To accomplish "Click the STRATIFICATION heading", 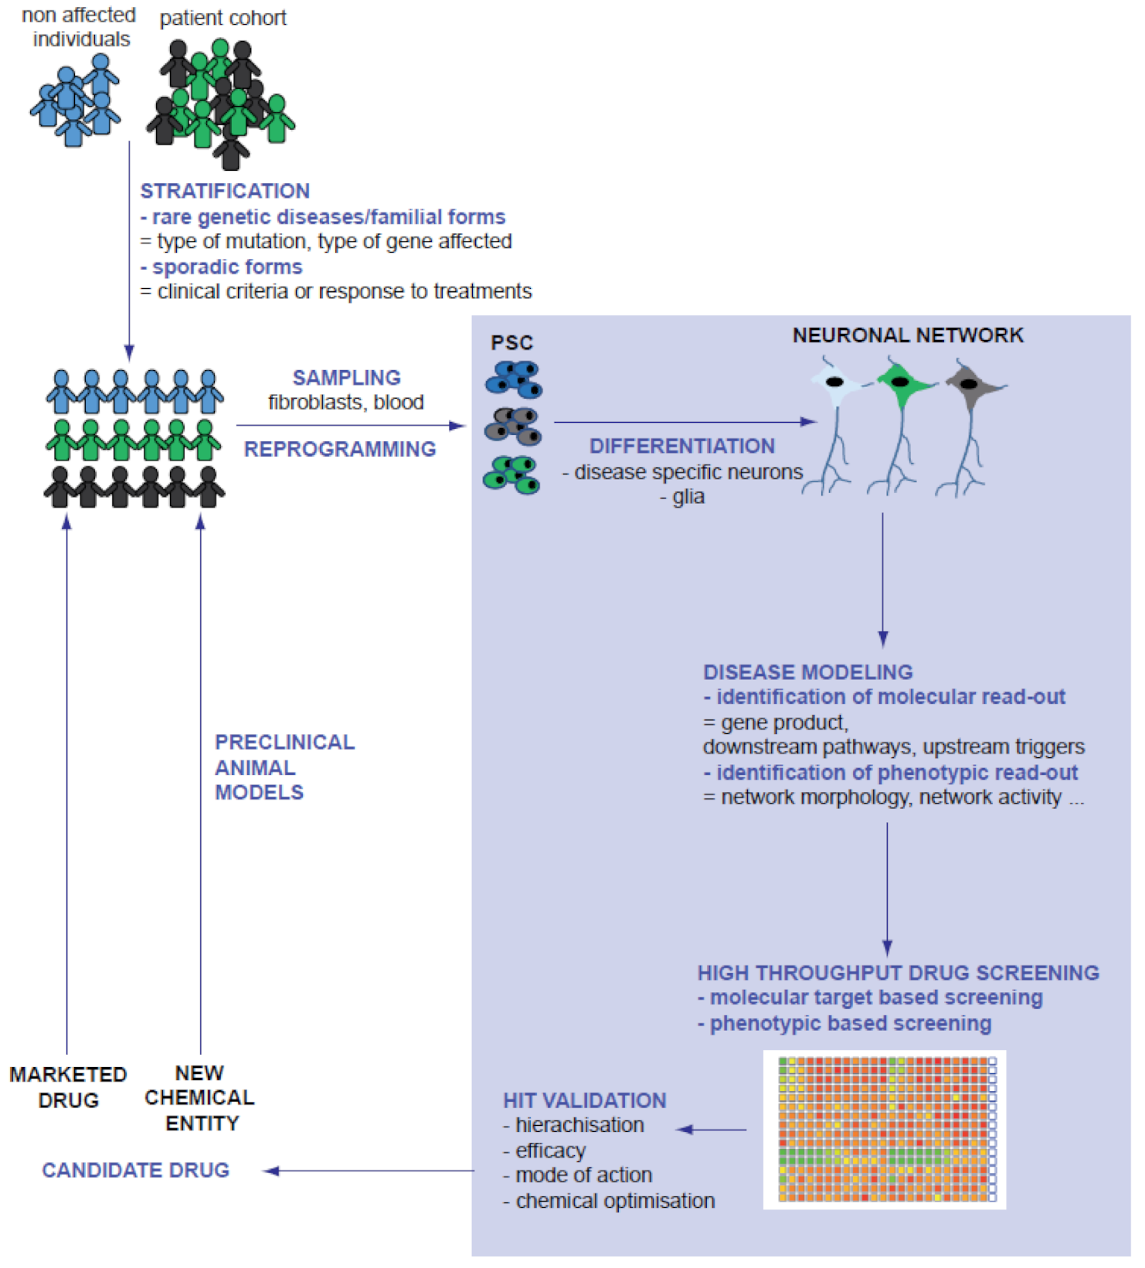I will pos(225,191).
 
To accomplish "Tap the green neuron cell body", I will pos(900,384).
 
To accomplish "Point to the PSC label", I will pos(511,342).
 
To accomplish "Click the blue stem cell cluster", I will pos(514,379).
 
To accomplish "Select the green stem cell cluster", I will pos(511,474).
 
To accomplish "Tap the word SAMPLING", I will pos(346,377).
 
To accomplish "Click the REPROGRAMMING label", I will pos(340,449).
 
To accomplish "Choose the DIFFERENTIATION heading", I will pos(682,446).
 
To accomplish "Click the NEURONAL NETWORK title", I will pos(908,335).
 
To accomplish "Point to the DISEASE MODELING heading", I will pos(807,671).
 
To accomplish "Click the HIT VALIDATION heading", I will pos(584,1100).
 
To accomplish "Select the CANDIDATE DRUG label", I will pos(136,1170).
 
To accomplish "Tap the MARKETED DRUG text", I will pos(68,1087).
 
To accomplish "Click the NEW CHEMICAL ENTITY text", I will pos(199,1098).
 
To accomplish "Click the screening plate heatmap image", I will pos(885,1130).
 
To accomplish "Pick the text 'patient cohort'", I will pos(223,18).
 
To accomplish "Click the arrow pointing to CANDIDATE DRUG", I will pos(371,1171).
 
